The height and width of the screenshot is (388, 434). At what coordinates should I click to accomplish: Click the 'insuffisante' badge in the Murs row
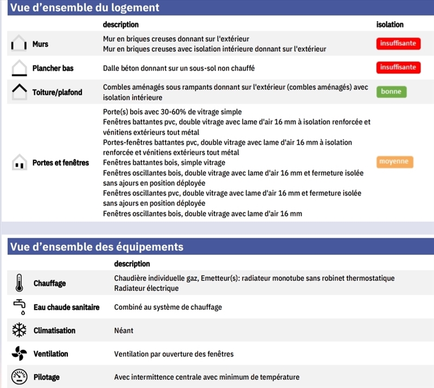(x=398, y=43)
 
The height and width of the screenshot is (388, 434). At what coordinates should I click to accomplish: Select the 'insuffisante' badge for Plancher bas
(x=398, y=67)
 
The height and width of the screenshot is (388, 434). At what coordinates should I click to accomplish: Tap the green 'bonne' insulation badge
(x=391, y=92)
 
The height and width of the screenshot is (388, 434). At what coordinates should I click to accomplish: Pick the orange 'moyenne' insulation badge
(x=394, y=161)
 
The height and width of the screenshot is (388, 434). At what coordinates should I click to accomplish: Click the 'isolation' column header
(x=390, y=24)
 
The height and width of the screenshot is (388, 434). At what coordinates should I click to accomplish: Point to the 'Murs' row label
(x=40, y=44)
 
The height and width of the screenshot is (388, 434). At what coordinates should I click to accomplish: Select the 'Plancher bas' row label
(x=53, y=68)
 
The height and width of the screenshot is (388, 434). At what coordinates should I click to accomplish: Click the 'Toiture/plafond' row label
(x=57, y=92)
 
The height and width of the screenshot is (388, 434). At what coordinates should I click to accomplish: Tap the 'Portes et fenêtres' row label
(x=60, y=162)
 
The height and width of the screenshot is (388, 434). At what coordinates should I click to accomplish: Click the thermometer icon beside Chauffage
(x=19, y=283)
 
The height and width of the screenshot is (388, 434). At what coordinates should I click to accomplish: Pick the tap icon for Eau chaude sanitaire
(x=19, y=306)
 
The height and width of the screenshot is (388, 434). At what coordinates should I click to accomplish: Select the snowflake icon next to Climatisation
(x=19, y=330)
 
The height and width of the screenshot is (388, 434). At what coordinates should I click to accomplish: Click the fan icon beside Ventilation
(x=19, y=354)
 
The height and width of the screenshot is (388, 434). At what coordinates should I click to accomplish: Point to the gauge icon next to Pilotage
(x=19, y=377)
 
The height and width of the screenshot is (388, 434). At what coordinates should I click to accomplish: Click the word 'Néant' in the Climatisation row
(x=124, y=330)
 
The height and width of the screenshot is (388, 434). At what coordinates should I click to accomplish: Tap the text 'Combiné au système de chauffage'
(x=168, y=307)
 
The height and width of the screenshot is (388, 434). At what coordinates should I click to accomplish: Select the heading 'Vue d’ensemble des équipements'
(x=97, y=247)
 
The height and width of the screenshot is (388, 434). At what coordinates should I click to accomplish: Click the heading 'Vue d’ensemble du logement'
(x=85, y=8)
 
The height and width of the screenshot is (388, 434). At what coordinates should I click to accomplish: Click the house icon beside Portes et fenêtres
(x=19, y=162)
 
